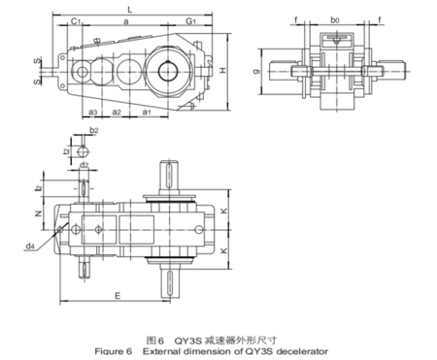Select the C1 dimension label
[x=76, y=19]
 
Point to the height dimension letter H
[x=222, y=72]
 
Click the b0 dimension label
[x=335, y=18]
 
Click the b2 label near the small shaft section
[x=93, y=129]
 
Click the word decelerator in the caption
[x=301, y=351]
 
